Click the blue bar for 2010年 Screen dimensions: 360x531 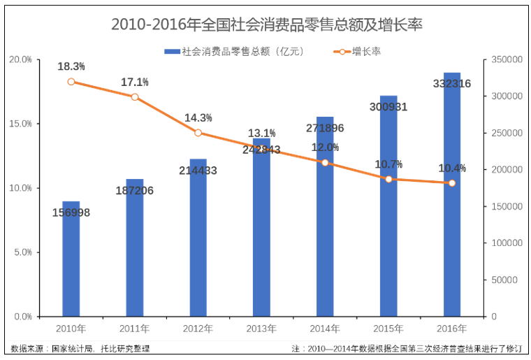click(71, 266)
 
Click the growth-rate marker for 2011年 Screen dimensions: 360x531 click(135, 97)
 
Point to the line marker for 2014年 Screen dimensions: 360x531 click(325, 163)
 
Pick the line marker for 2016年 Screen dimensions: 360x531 click(452, 183)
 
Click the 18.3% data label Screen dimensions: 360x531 click(71, 66)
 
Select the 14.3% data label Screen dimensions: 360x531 click(198, 117)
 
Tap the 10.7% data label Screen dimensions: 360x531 click(388, 164)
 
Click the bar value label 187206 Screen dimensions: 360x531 click(135, 191)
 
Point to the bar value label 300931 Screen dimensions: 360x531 click(388, 107)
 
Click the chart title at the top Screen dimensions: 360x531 click(266, 24)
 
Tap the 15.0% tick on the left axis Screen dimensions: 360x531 click(20, 124)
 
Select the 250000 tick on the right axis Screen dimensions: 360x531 click(507, 133)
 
